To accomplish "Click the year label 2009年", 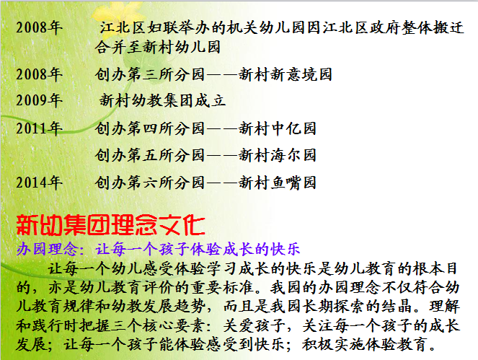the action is tap(40, 100).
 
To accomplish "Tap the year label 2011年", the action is tap(40, 128).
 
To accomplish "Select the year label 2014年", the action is tap(40, 183).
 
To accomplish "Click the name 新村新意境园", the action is tap(286, 74).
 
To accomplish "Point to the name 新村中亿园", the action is tap(278, 128).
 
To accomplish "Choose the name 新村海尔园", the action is tap(278, 155).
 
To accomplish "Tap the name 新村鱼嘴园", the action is tap(278, 183).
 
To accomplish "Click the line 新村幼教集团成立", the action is tap(162, 100).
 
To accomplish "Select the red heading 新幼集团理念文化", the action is tap(110, 225).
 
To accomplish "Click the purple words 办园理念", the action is tap(47, 249).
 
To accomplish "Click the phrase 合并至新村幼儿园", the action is tap(158, 47).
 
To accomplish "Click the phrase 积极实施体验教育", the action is tap(365, 344).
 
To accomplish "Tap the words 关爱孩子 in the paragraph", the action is tap(254, 325).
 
